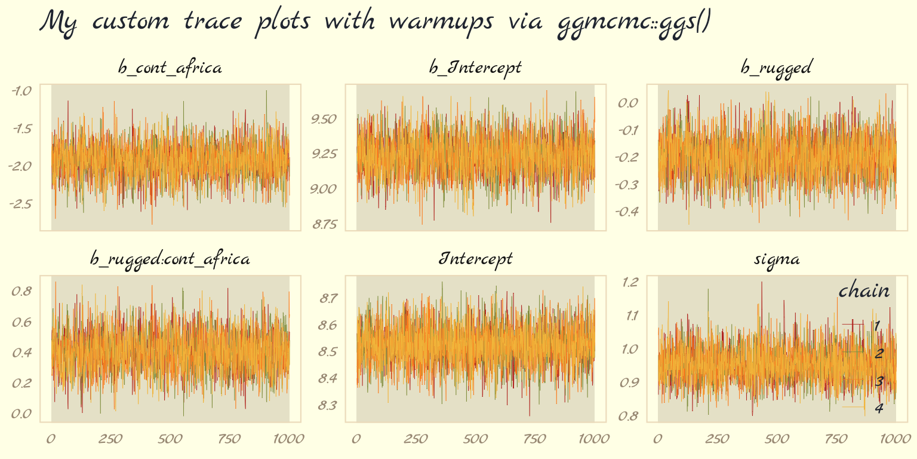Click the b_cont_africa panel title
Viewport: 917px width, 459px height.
click(x=170, y=68)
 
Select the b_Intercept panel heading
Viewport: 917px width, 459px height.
click(x=475, y=67)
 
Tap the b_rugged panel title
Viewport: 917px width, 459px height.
click(x=776, y=68)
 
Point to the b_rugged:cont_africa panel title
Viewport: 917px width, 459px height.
click(x=170, y=259)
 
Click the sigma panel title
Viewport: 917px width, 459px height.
click(x=776, y=259)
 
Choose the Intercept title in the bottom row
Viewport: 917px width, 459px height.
click(x=475, y=259)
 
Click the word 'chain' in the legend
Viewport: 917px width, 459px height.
click(x=864, y=291)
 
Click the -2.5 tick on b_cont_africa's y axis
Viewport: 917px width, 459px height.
click(x=21, y=204)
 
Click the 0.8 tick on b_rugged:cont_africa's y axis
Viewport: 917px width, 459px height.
click(x=23, y=291)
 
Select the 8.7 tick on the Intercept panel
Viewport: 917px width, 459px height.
click(x=328, y=298)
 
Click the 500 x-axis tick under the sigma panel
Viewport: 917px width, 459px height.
click(x=776, y=439)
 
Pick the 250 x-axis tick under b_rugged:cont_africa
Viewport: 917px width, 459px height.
click(x=110, y=439)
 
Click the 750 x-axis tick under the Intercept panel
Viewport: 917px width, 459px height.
click(x=535, y=439)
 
